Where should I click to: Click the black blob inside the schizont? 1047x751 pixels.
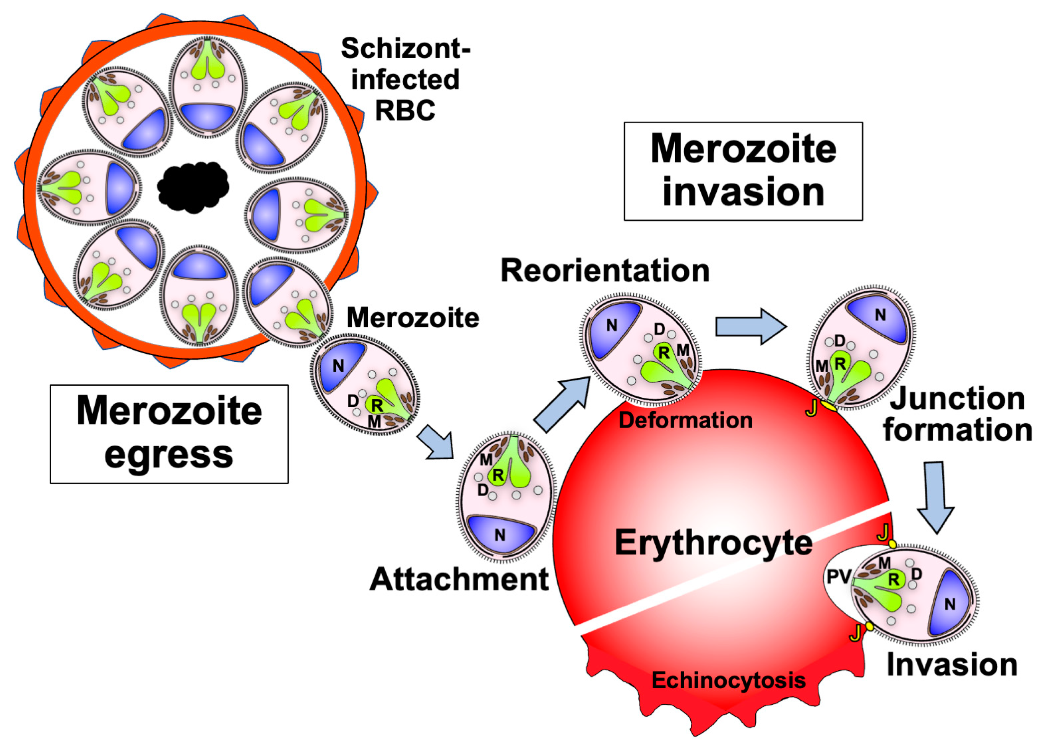point(193,187)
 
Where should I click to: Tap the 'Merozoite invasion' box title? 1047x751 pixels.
point(743,171)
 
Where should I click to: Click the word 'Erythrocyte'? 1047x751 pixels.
point(713,543)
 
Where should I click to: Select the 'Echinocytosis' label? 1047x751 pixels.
point(729,680)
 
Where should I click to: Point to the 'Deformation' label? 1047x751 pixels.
point(685,420)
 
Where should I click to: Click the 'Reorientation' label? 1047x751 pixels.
point(605,271)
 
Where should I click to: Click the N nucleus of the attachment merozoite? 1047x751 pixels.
point(500,535)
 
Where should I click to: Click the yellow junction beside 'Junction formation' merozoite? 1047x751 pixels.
point(829,406)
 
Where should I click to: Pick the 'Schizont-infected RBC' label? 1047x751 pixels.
point(405,80)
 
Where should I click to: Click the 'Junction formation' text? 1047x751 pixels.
point(958,414)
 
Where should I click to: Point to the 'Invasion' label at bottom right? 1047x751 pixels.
point(952,665)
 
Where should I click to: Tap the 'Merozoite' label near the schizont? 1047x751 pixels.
point(413,318)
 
